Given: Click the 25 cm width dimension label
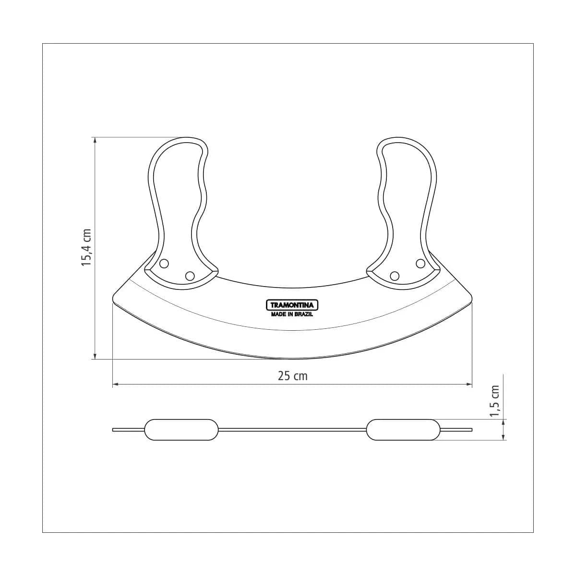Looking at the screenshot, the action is [292, 376].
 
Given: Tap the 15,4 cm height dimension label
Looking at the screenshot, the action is [87, 248].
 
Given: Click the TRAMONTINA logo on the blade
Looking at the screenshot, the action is [292, 305].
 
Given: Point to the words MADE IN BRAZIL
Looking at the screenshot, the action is [292, 314].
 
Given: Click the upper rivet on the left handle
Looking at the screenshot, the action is [164, 264].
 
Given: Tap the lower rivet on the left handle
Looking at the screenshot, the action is [190, 276].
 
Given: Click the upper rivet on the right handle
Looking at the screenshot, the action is [420, 264].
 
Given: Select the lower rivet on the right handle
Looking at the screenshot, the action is [395, 276].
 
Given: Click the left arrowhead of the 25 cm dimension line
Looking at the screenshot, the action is [115, 384].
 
